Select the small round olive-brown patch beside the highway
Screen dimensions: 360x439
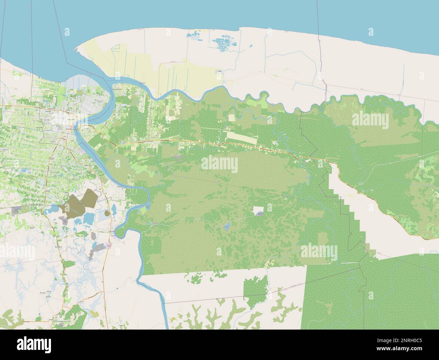coord(107,213)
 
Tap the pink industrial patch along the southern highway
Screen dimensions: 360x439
coord(109,246)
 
